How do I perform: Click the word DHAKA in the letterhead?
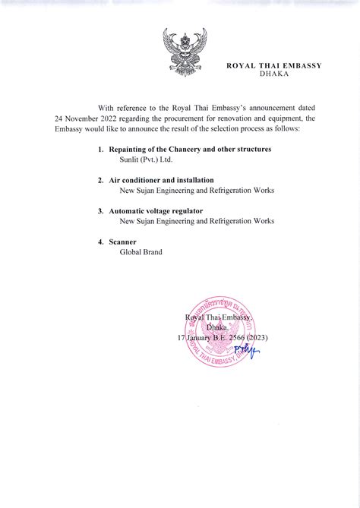(x=274, y=74)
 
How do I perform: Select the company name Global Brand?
(x=141, y=252)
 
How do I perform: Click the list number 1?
(x=100, y=150)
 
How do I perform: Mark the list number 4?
(x=100, y=241)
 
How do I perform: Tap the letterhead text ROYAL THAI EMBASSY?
(x=274, y=65)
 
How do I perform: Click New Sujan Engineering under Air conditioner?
(x=197, y=191)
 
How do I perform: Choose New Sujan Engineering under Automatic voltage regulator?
(x=197, y=221)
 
